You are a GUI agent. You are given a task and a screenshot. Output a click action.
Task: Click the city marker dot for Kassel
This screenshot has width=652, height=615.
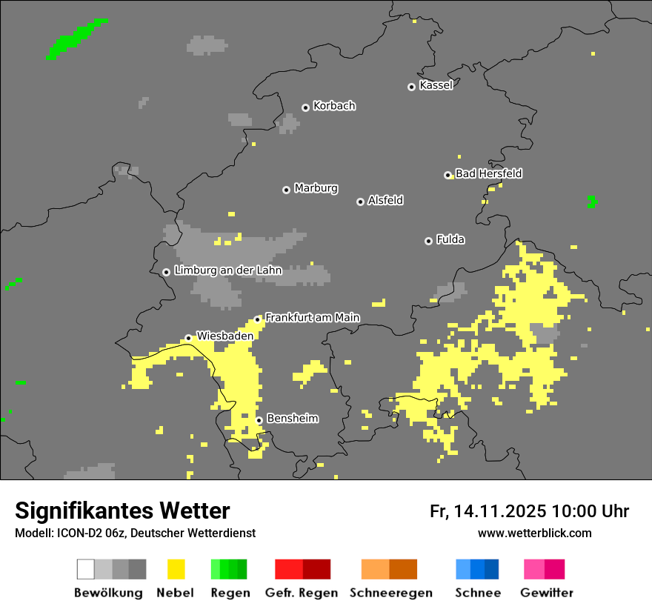[x=411, y=87]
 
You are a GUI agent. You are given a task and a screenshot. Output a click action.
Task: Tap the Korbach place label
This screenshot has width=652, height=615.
[x=334, y=106]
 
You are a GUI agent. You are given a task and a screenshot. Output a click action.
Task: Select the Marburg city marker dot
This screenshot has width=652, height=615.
[x=286, y=190]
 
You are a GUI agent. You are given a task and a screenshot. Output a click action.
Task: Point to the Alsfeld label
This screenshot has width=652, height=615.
[x=385, y=200]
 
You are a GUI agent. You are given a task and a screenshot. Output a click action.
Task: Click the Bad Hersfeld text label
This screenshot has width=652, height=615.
[x=488, y=173]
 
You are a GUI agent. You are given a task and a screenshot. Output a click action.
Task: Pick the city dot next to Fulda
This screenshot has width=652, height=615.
[x=428, y=241]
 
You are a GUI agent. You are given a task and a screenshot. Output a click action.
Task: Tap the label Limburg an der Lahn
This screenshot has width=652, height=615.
[x=227, y=270]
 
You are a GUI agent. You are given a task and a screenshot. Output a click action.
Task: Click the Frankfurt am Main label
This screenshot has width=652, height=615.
[x=312, y=317]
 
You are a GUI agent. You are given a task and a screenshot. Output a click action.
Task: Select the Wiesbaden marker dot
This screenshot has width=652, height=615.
[x=188, y=338]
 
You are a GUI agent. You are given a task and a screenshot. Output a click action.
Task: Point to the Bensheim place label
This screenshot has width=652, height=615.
[x=292, y=419]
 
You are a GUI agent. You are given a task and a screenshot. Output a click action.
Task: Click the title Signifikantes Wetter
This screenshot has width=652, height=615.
[x=122, y=511]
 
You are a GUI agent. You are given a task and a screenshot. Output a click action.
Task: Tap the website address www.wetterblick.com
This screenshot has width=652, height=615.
[x=534, y=533]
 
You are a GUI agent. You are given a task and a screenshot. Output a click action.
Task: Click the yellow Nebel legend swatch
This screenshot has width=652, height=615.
[x=176, y=569]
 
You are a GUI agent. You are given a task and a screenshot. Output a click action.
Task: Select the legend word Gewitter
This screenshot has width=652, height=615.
[x=547, y=593]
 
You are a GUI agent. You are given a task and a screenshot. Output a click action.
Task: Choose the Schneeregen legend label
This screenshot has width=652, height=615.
[x=391, y=593]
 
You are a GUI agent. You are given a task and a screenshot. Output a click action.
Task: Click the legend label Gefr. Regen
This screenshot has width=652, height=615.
[x=301, y=593]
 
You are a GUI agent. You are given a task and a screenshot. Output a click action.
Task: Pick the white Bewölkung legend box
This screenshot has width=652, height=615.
[x=86, y=569]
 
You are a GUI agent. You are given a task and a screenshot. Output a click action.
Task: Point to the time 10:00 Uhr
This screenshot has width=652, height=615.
[x=591, y=511]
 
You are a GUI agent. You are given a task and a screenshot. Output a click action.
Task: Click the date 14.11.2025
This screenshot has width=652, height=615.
[x=501, y=511]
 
